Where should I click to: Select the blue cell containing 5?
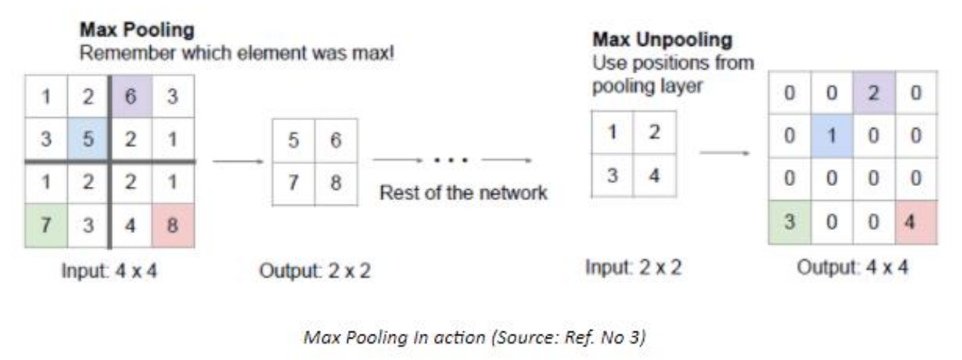click(88, 140)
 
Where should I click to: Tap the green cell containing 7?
click(46, 226)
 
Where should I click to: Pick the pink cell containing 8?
click(173, 226)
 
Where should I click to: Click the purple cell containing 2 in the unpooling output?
click(874, 95)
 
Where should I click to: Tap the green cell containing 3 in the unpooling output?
click(789, 223)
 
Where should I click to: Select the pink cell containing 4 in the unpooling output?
click(915, 223)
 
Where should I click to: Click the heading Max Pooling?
click(137, 31)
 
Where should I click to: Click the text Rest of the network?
click(464, 193)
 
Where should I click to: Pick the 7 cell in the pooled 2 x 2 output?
click(294, 183)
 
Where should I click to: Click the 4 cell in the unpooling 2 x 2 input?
click(655, 177)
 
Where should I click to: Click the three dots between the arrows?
click(452, 161)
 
